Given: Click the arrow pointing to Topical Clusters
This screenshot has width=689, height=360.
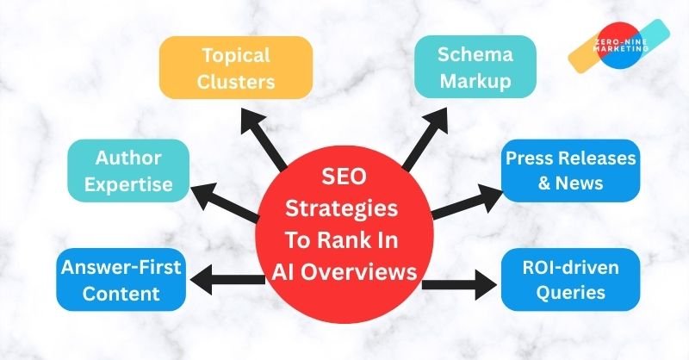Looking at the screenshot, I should [x=266, y=138].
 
